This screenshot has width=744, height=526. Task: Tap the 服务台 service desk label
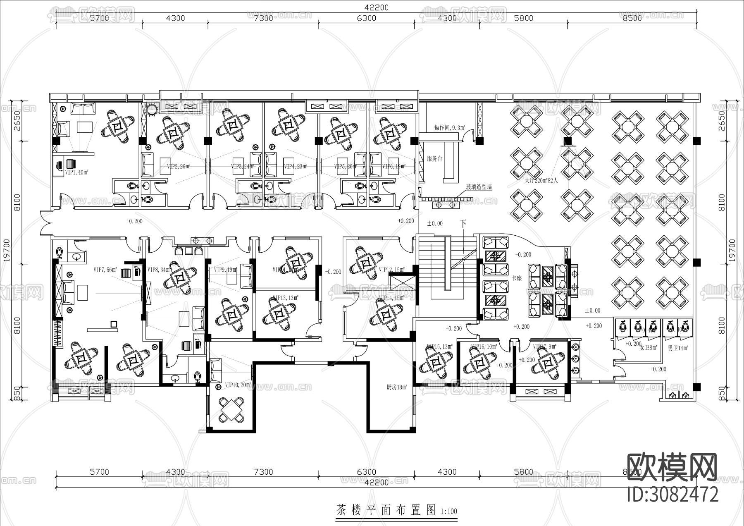[434, 159]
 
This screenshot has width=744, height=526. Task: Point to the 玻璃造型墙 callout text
[479, 187]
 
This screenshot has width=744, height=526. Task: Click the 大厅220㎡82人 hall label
[541, 181]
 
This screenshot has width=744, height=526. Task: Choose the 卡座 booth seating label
[517, 278]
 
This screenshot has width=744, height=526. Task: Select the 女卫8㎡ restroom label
[648, 348]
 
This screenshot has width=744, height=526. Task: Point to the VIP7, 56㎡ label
[105, 270]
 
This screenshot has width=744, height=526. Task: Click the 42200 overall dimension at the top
[377, 7]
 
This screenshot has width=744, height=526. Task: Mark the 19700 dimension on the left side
[7, 251]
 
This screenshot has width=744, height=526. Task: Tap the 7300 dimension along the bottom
[263, 472]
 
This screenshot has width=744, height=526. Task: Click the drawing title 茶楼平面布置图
[386, 510]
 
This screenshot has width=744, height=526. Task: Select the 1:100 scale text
[449, 512]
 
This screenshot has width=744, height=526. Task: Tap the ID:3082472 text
[672, 495]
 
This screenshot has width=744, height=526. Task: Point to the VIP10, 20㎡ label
[238, 385]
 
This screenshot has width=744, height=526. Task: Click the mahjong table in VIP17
[548, 364]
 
